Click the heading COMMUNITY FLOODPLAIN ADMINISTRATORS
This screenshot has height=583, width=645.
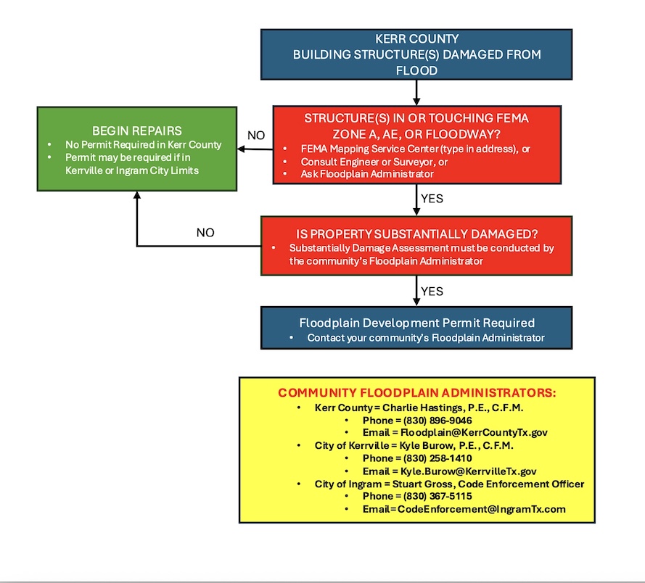coord(417,392)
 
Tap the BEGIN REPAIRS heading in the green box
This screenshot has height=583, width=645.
coord(136,131)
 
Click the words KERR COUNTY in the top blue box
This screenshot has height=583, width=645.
coord(416,39)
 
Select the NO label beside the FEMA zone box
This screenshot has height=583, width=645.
coord(256,136)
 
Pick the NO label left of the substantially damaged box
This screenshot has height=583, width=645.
coord(206,233)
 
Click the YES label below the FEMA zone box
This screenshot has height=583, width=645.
coord(432,198)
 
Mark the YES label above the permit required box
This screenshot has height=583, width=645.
coord(432,291)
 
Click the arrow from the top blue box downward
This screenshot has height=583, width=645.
coord(416,91)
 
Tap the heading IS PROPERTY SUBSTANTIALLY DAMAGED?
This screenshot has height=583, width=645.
coord(416,233)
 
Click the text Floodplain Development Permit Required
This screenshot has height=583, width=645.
coord(416,323)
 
